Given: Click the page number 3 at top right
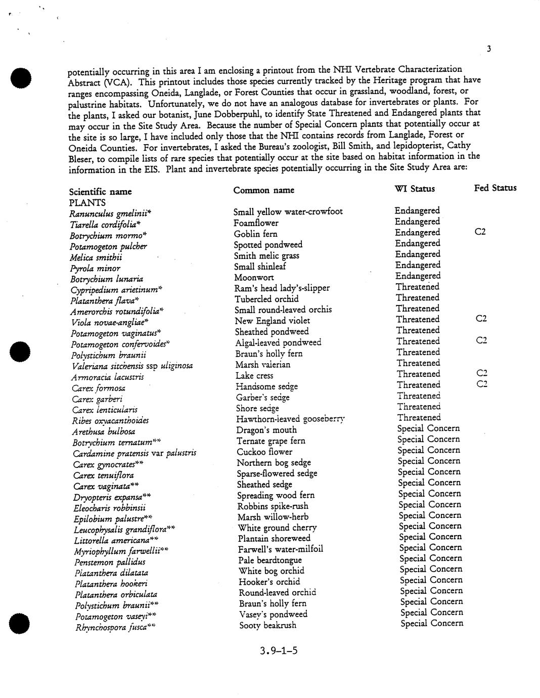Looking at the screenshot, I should pos(489,49).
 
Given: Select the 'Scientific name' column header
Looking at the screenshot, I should pos(100,192).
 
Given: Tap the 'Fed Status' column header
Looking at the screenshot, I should pos(495,188).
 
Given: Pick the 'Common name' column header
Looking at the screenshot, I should pos(263,190).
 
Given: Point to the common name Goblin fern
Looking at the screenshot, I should pos(255,234).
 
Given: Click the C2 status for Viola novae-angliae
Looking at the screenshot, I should pos(481,319).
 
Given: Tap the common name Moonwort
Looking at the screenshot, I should pos(254,277).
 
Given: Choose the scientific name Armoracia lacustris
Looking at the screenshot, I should pos(108,377).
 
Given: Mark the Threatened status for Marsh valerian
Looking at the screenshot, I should pos(418,363).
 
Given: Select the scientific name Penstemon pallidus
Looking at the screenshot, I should pos(110,562).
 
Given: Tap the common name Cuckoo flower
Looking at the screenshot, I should pos(264,452).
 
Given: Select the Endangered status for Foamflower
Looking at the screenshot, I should pos(417,222).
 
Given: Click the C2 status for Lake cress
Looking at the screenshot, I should pos(481,373).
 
